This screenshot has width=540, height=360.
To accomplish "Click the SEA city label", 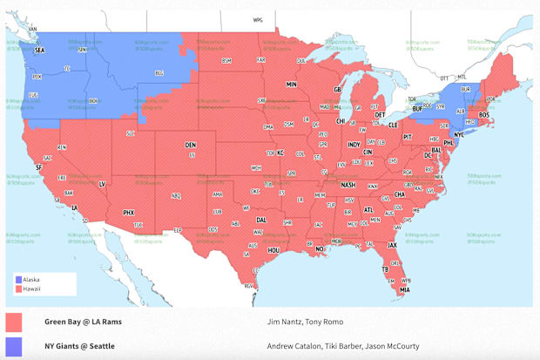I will pyautogui.click(x=39, y=51).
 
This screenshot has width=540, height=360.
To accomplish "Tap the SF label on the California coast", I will pyautogui.click(x=37, y=166).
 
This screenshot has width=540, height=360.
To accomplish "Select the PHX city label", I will pyautogui.click(x=129, y=212).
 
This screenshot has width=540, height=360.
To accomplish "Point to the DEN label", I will pyautogui.click(x=190, y=145).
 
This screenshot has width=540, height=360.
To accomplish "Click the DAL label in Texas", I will pyautogui.click(x=261, y=221).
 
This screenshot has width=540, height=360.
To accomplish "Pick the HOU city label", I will pyautogui.click(x=273, y=250).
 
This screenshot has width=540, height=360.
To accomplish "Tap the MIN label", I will pyautogui.click(x=293, y=85).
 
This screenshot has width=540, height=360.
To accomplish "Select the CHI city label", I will pyautogui.click(x=341, y=121).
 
